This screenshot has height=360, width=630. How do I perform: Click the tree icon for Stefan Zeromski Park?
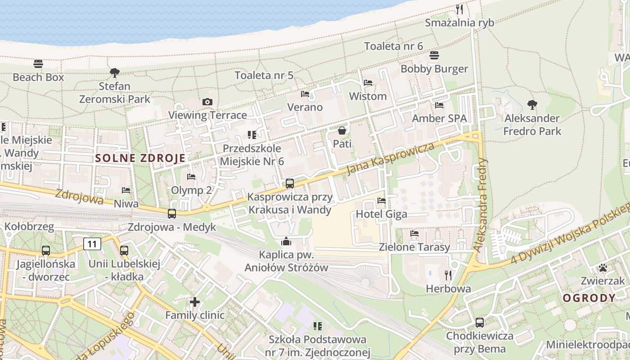(x=115, y=72)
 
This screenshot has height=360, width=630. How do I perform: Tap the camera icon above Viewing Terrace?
(x=207, y=102)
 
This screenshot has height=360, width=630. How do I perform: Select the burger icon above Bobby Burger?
(x=434, y=55)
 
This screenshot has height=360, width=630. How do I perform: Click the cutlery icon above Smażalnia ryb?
(x=459, y=9)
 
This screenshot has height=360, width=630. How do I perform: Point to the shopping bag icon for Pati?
(x=342, y=130)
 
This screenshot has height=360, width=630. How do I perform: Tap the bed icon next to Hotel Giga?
(x=382, y=200)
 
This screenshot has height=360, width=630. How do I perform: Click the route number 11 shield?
(x=92, y=244)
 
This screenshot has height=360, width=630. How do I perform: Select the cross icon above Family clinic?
(x=195, y=301)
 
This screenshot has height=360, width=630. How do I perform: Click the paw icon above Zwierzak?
(x=603, y=268)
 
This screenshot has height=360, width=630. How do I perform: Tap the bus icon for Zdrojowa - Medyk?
(x=172, y=214)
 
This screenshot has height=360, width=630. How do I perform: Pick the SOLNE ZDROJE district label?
(x=140, y=158)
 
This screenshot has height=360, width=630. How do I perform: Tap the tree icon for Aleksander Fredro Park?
(x=532, y=105)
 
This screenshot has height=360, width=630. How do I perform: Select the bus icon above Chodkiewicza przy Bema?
(x=480, y=322)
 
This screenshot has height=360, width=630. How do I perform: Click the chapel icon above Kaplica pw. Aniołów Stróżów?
(x=286, y=242)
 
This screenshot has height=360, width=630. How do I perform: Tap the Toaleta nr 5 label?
(x=264, y=75)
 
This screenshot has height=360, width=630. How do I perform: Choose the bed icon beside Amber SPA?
(x=439, y=105)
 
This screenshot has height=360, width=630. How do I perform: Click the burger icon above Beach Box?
(x=38, y=63)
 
